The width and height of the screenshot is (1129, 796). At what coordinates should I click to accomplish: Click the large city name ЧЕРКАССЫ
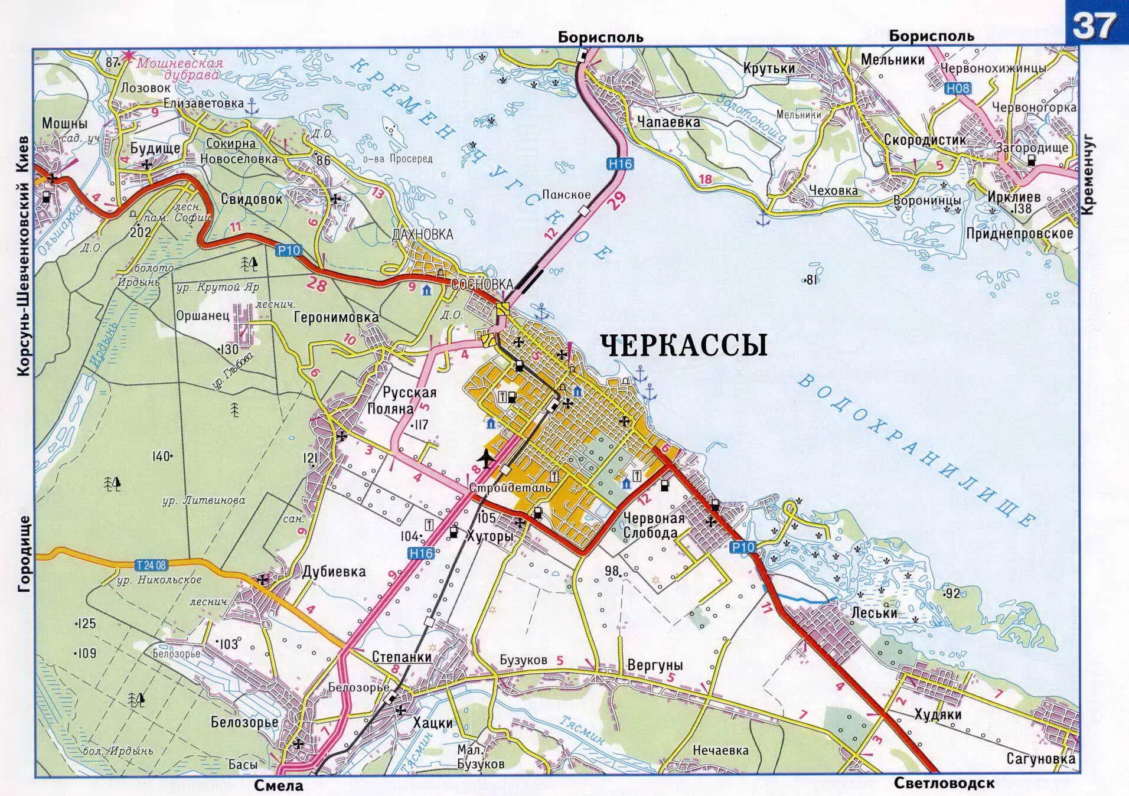(684, 345)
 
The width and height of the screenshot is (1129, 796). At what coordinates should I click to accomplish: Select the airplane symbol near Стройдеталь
(485, 458)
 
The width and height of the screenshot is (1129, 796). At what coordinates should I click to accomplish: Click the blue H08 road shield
(957, 89)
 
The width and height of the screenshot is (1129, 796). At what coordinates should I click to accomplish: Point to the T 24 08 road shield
(151, 566)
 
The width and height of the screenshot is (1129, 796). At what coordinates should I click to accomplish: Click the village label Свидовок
(252, 199)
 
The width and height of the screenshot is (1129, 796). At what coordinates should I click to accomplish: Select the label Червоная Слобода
(654, 526)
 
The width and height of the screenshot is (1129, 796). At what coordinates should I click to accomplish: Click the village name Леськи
(874, 613)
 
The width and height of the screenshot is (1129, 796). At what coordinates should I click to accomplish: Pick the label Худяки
(938, 714)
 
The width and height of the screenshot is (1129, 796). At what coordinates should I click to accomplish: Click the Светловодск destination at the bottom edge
(944, 784)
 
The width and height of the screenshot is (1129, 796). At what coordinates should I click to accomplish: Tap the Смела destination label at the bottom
(279, 785)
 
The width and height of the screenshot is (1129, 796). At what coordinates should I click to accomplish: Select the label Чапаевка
(668, 122)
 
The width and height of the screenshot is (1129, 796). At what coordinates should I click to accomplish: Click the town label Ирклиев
(1014, 197)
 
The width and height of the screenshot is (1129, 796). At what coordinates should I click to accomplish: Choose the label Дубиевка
(334, 572)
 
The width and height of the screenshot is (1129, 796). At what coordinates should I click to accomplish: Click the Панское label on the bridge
(566, 194)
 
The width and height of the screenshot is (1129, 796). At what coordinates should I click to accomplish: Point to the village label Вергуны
(655, 665)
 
